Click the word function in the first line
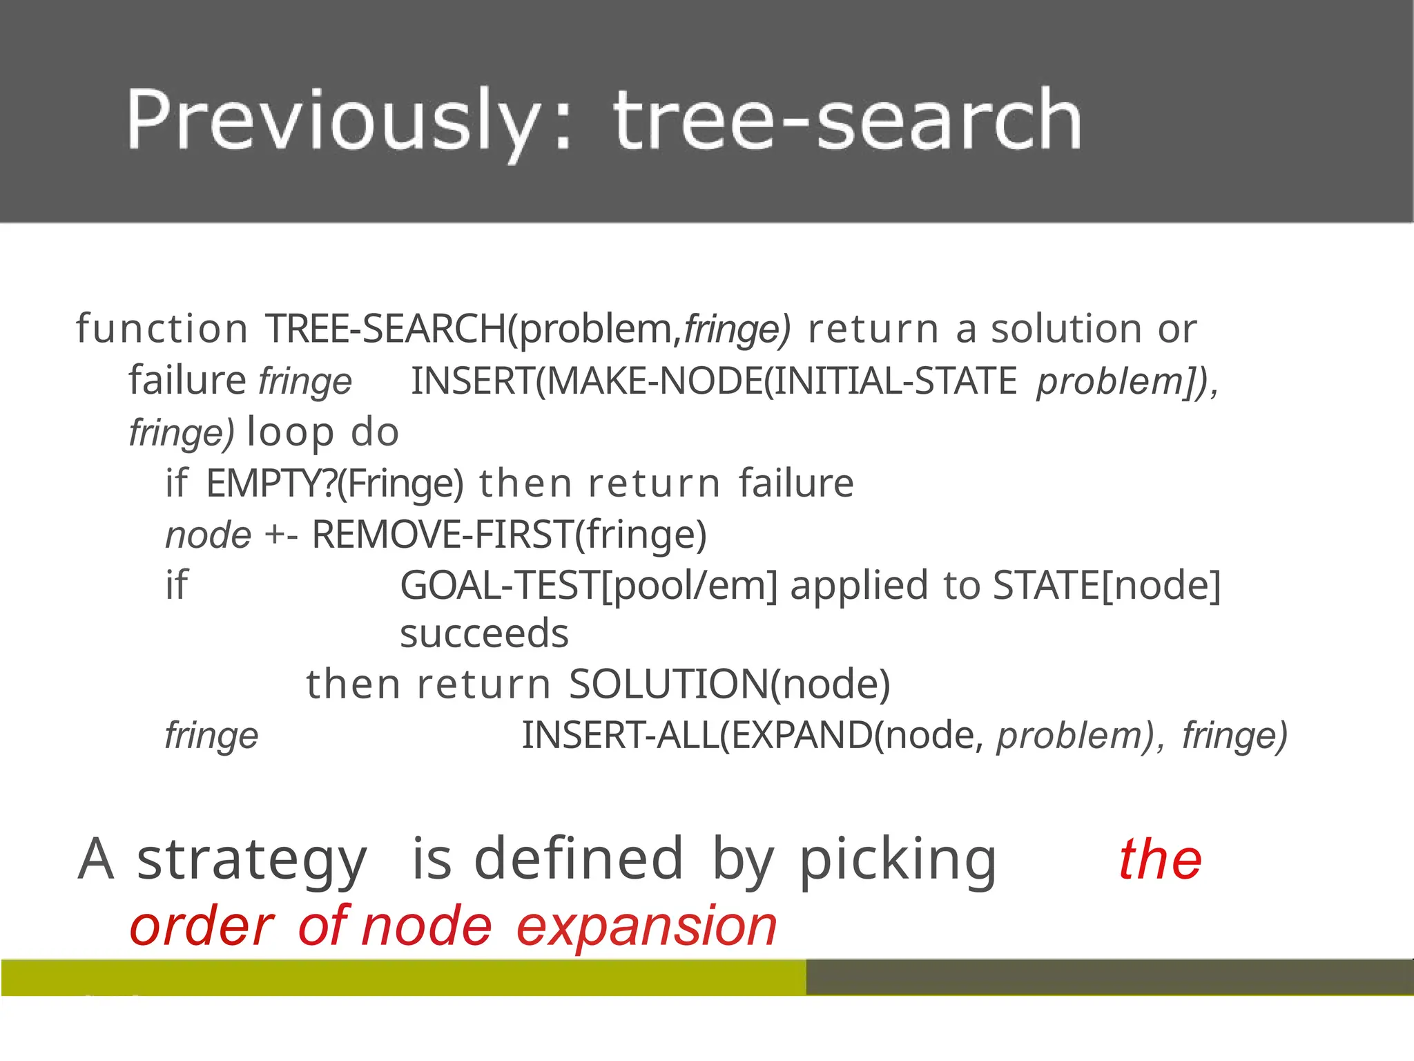click(x=162, y=329)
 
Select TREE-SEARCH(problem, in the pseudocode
click(x=474, y=329)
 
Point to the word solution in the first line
click(x=1066, y=329)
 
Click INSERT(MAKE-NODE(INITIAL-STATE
click(x=714, y=381)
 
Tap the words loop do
click(x=323, y=432)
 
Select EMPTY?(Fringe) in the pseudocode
click(x=335, y=483)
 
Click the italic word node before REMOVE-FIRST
click(x=208, y=535)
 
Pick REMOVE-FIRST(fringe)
click(x=510, y=535)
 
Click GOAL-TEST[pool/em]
click(x=589, y=586)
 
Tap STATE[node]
click(x=1107, y=586)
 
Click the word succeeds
click(x=484, y=633)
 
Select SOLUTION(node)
click(x=730, y=685)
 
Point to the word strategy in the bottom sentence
click(x=252, y=860)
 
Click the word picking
click(x=898, y=860)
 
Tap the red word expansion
click(x=647, y=927)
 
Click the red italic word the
click(x=1161, y=860)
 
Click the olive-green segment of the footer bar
click(x=403, y=977)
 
